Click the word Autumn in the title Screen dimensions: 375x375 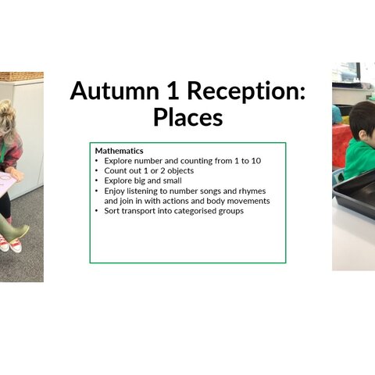coord(115,91)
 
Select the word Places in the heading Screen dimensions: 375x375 coord(187,117)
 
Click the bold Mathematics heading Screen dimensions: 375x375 coord(119,151)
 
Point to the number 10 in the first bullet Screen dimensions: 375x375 coord(255,161)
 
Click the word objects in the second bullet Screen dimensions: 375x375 coord(180,171)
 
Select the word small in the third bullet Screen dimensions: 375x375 coord(172,180)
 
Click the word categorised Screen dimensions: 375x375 coord(195,211)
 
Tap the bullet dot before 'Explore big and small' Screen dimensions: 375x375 coord(97,180)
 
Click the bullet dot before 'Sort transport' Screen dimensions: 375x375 coord(97,211)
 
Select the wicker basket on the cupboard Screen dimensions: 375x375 coord(22,76)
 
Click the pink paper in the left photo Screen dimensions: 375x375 coord(9,182)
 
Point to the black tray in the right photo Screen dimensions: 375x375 coord(355,194)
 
